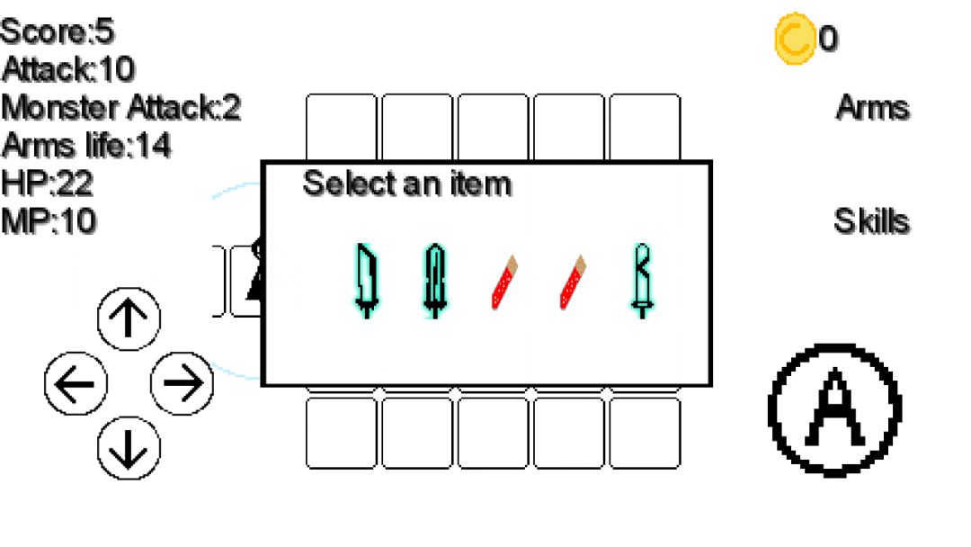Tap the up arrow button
tap(129, 319)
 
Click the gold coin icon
tap(794, 39)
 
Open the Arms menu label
tap(871, 108)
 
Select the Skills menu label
tap(870, 221)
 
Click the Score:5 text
tap(58, 32)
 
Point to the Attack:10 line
tap(68, 69)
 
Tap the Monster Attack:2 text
tap(121, 108)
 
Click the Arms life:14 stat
tap(86, 145)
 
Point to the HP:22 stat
tap(48, 183)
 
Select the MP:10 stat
tap(49, 220)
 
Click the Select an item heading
tap(406, 184)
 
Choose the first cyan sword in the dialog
tap(365, 281)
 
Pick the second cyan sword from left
tap(434, 281)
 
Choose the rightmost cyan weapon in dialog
tap(641, 281)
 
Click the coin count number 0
tap(828, 39)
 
